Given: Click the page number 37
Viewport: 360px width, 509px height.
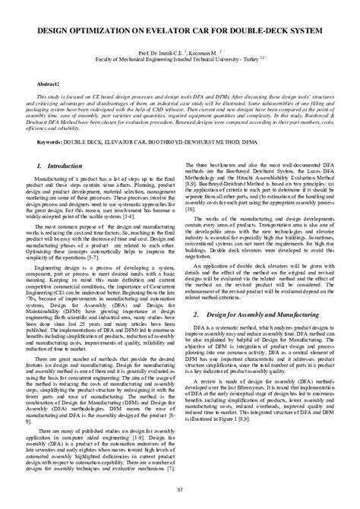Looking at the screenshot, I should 179,498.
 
